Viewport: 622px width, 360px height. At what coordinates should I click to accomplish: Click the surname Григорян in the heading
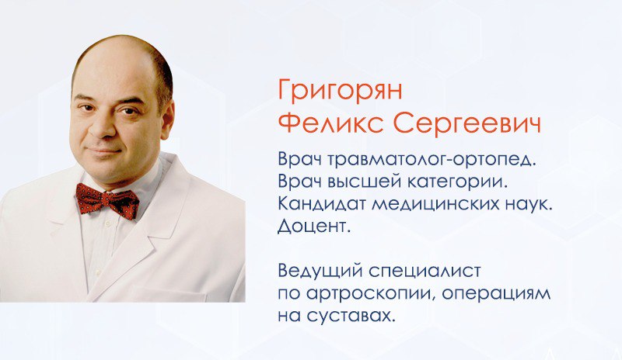(340, 92)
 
